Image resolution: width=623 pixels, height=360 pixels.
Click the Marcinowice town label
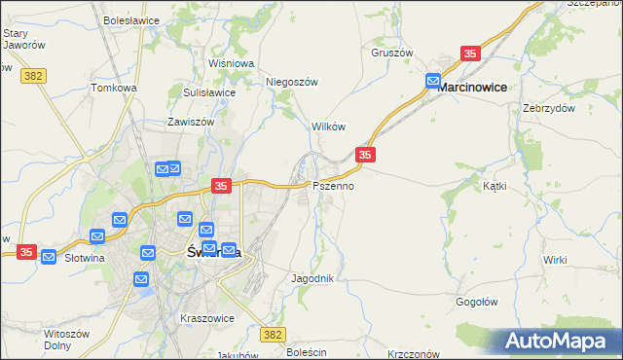click(472, 87)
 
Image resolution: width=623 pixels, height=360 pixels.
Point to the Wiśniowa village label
click(232, 63)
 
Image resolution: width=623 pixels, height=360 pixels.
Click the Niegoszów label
click(293, 82)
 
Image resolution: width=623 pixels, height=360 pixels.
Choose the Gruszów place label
click(392, 53)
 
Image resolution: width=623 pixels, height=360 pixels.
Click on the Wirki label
click(556, 259)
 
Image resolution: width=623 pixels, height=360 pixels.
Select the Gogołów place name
click(478, 302)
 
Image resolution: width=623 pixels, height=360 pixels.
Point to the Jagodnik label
click(313, 278)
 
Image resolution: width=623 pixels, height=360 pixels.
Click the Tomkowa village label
click(114, 88)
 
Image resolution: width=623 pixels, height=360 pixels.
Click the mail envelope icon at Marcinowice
click(433, 82)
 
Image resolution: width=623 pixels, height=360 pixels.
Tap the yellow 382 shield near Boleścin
click(275, 334)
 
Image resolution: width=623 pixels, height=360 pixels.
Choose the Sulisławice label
click(209, 92)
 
